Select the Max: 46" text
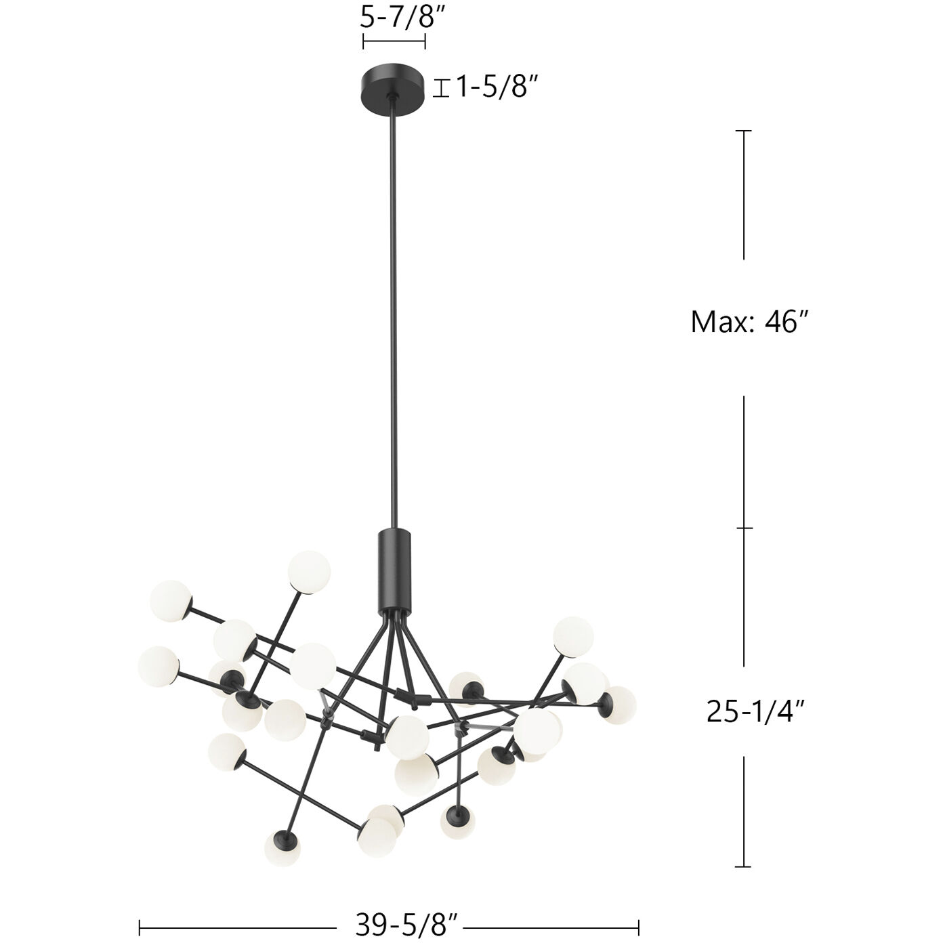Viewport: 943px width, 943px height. (750, 322)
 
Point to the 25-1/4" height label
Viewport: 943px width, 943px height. (755, 711)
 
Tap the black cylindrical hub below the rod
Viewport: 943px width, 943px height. (394, 568)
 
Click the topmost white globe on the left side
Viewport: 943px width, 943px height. (309, 570)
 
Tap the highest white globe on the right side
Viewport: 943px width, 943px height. (572, 635)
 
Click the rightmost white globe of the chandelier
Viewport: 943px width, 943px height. (619, 705)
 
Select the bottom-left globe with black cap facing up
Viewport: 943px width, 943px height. (281, 847)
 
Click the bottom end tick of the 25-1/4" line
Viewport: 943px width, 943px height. (744, 866)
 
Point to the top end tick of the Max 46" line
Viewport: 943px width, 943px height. (744, 131)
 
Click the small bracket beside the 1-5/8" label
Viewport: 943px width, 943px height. (442, 88)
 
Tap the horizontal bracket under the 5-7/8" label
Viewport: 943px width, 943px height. (394, 43)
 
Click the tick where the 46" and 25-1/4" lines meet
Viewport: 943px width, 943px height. (744, 528)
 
